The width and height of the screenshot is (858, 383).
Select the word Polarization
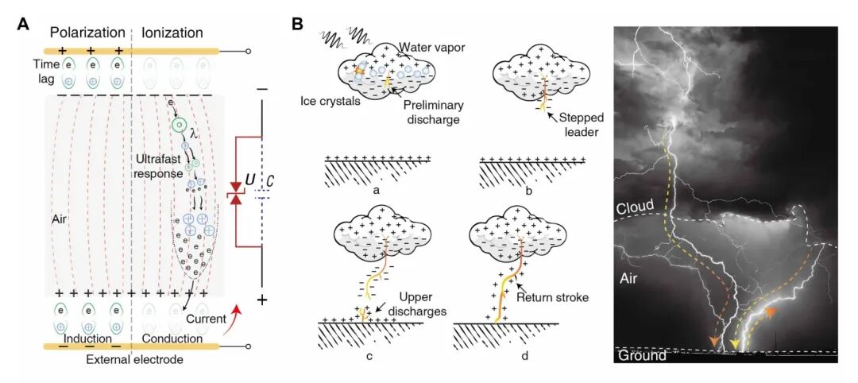pos(87,33)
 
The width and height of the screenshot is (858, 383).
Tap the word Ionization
pos(172,33)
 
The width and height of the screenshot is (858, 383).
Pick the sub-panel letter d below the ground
pos(524,355)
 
